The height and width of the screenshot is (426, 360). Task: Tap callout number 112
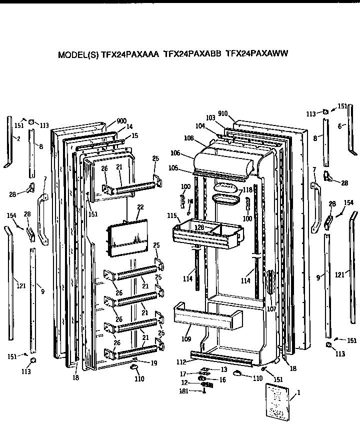(182, 361)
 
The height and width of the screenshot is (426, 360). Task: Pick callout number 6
(340, 126)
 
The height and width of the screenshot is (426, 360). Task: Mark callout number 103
(210, 117)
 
